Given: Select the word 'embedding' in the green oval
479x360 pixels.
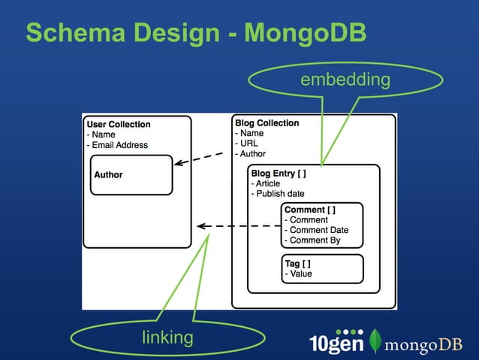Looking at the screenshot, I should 345,80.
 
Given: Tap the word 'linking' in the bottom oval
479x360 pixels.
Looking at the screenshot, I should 167,337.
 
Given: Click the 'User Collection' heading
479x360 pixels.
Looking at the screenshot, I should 119,125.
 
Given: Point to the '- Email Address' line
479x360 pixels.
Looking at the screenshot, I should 117,145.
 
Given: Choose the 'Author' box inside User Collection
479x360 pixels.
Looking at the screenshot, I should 131,174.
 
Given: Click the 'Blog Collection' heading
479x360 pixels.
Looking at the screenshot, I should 267,123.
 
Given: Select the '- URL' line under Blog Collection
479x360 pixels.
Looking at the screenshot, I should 247,144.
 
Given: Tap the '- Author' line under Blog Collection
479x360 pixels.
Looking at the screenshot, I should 251,154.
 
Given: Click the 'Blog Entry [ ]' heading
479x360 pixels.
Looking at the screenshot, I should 279,173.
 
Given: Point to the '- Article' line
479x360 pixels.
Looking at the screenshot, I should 266,183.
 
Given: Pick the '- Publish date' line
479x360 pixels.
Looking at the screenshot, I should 278,194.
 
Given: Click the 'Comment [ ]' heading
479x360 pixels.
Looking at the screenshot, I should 309,210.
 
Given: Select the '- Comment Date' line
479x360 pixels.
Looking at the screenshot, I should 316,230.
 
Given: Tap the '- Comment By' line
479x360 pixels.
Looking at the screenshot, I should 312,241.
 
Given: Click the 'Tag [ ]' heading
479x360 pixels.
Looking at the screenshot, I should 297,264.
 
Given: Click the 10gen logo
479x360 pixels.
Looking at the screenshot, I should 337,343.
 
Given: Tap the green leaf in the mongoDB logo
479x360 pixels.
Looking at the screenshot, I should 375,342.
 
